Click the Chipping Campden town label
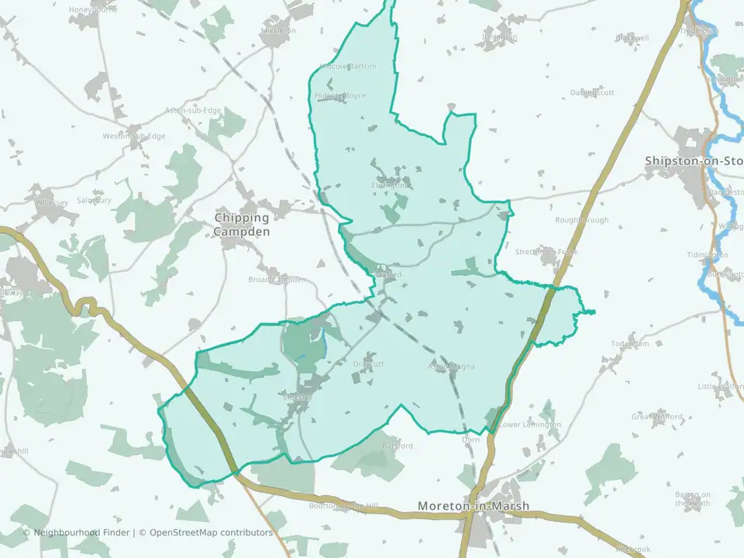tap(243, 225)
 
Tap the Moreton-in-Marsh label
tap(474, 506)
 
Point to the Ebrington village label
tap(389, 185)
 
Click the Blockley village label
tap(297, 397)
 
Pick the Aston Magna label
tap(451, 366)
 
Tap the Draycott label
tap(368, 363)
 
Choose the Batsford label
tap(398, 446)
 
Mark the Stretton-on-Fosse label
tap(546, 252)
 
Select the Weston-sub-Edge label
tap(134, 136)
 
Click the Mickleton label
tap(279, 30)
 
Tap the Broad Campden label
tap(277, 279)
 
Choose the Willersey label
tap(51, 202)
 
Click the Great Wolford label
tap(656, 417)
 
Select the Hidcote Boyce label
tap(340, 95)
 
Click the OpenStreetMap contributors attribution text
tap(211, 532)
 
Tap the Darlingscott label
tap(592, 92)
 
